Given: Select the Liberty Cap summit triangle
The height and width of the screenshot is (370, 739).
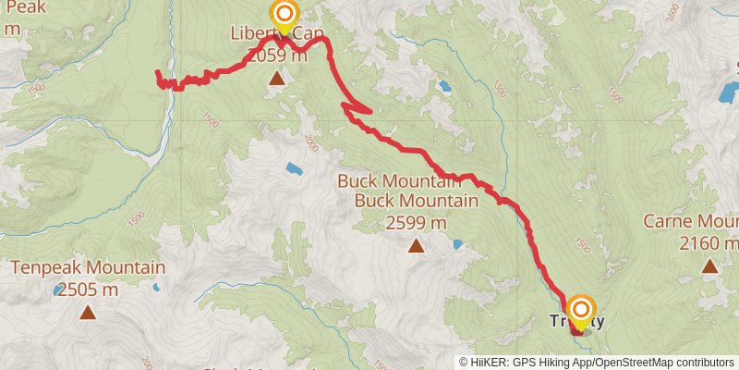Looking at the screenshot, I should coord(277,79).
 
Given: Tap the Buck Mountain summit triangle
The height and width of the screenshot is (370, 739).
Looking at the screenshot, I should coord(416,245).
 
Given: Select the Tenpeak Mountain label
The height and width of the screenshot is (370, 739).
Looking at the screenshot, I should coord(88,269).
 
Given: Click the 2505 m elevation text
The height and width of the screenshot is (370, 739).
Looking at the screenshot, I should coord(88,290).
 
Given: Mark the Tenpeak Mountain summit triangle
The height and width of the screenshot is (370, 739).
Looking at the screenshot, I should coord(88,313).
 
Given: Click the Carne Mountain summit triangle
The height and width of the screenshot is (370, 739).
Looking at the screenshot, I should coord(709,266).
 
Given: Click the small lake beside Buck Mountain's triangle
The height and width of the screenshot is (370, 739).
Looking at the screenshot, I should coord(457,245).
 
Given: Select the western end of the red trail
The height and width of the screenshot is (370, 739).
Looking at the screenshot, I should coord(158,73).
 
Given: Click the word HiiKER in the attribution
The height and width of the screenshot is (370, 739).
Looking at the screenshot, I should coord(492,362).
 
